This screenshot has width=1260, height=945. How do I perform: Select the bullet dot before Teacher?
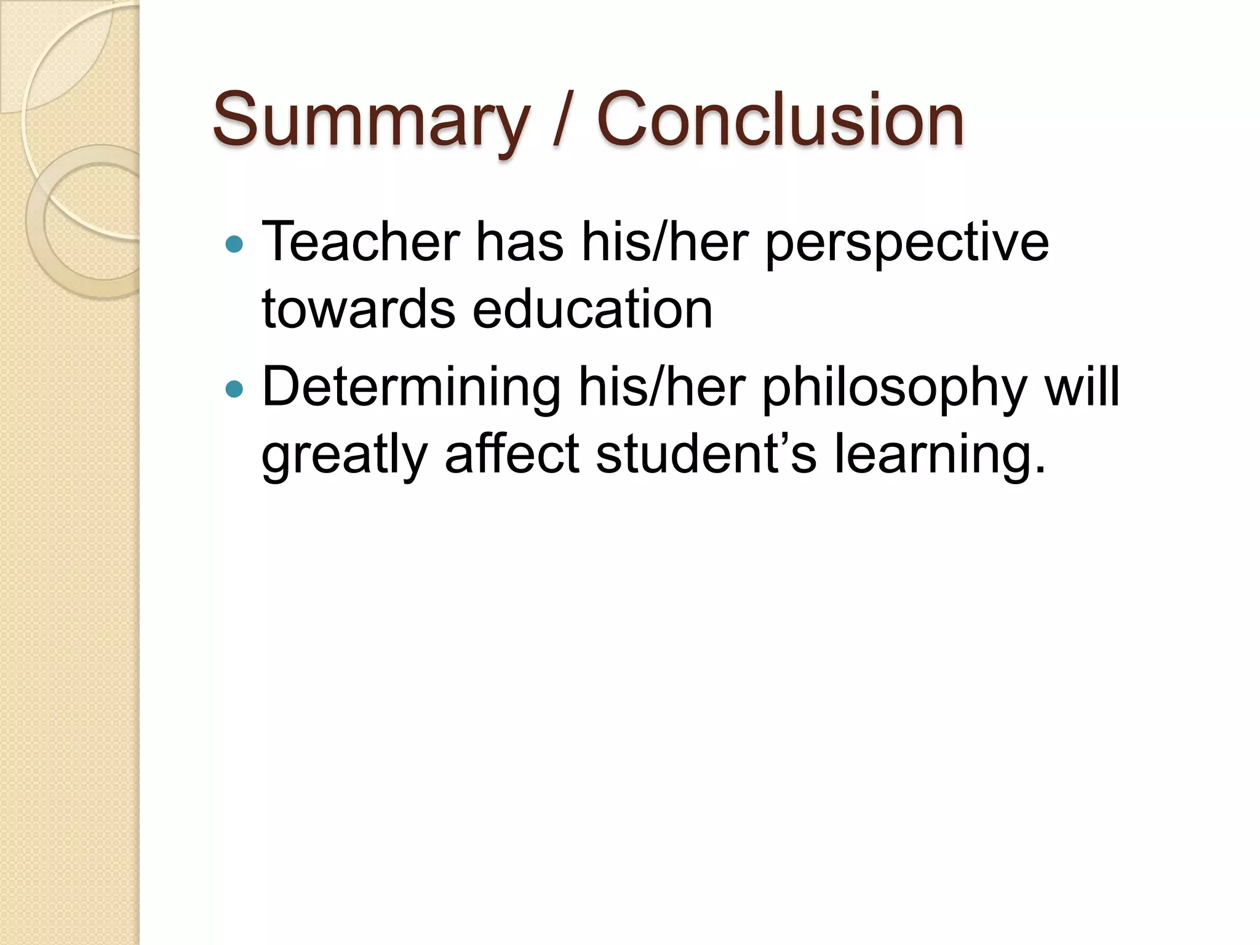(x=234, y=244)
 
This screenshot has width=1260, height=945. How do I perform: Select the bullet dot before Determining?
(x=234, y=389)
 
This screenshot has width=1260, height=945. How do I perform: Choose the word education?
(x=592, y=309)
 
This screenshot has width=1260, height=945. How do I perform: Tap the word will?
(x=1082, y=387)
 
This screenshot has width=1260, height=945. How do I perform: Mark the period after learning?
(x=1040, y=471)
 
